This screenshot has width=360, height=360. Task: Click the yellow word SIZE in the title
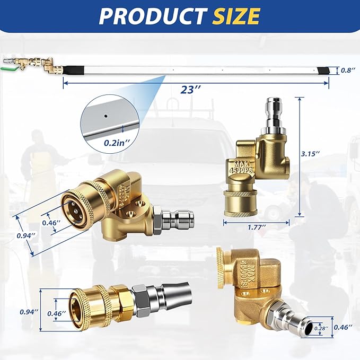tap(236, 16)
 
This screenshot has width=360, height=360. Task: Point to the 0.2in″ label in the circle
tap(117, 143)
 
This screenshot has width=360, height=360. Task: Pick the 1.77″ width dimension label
tap(257, 227)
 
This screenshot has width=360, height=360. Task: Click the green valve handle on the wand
tap(8, 68)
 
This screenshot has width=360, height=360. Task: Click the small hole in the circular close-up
tap(106, 116)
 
